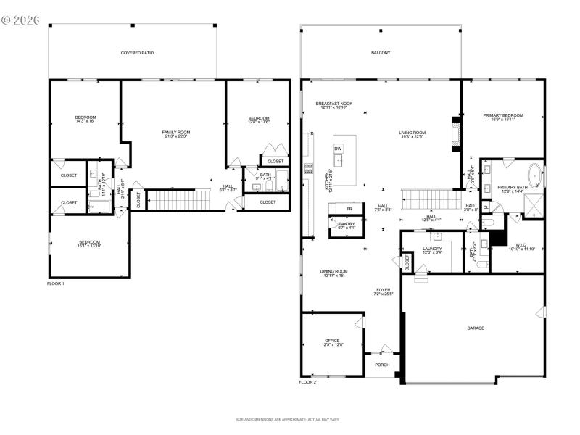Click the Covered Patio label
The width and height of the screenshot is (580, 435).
click(x=137, y=53)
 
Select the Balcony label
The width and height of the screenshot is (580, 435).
click(x=381, y=53)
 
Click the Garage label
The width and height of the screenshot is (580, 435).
click(x=476, y=328)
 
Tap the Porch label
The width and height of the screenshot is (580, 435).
click(x=382, y=365)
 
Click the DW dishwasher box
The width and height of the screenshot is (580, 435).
click(x=338, y=149)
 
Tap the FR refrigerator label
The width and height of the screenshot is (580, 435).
click(x=349, y=209)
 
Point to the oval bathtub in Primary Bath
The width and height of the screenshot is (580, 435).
click(x=536, y=176)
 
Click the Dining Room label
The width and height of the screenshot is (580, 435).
click(x=334, y=273)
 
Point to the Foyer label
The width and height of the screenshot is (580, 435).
click(x=383, y=291)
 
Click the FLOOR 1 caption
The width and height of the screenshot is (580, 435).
click(x=56, y=283)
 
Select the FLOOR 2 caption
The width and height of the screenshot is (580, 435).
click(x=308, y=381)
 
